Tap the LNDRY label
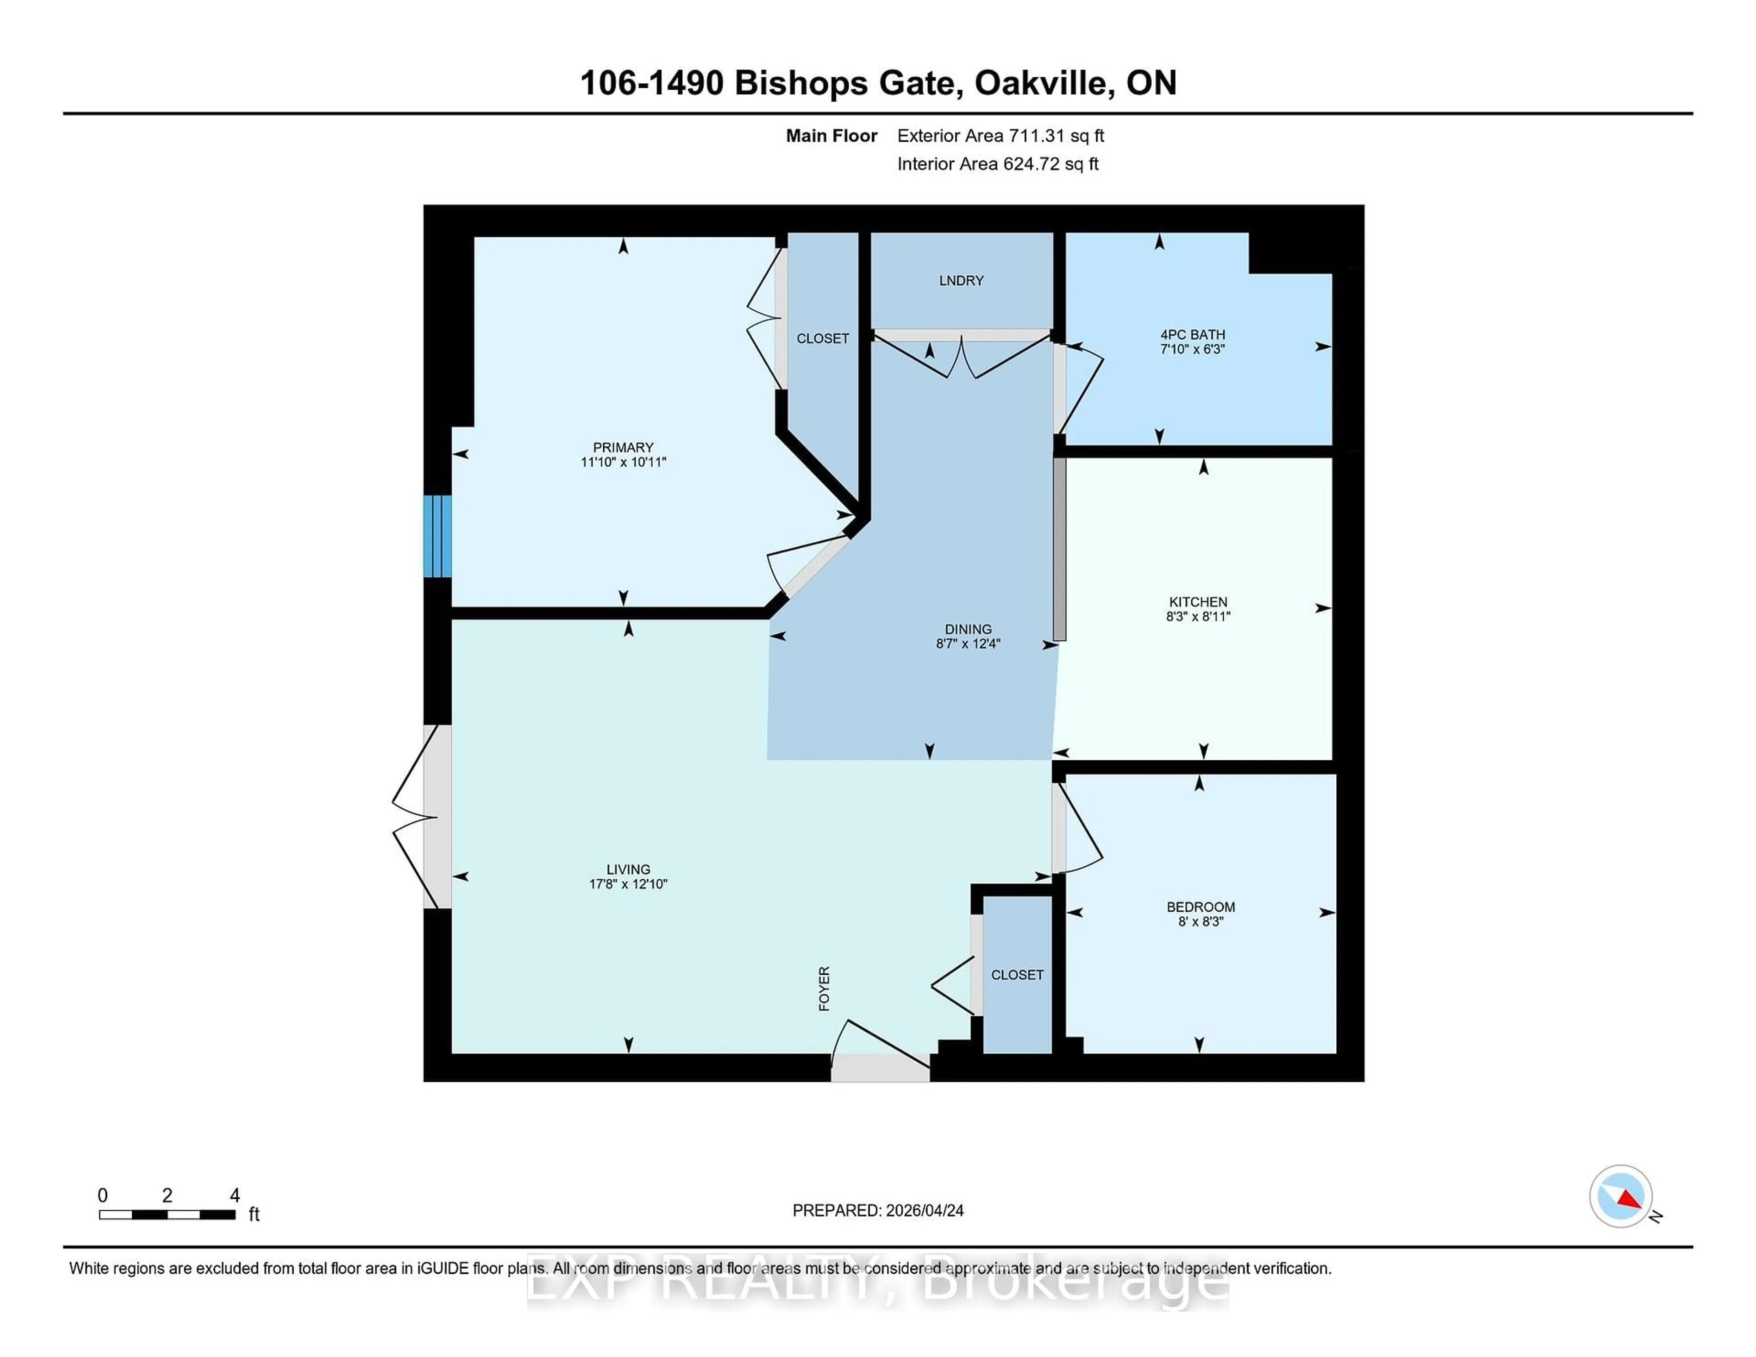(x=961, y=281)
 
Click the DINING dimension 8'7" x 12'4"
(x=968, y=644)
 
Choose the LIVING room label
(x=628, y=870)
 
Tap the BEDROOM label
(x=1200, y=907)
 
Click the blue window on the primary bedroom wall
(x=437, y=536)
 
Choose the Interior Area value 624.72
(x=1032, y=164)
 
